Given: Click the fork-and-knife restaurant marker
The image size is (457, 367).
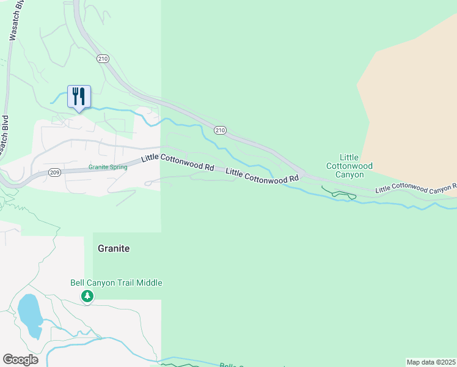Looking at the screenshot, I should pos(79,97).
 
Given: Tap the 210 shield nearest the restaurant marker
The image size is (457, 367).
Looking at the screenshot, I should pos(103,58).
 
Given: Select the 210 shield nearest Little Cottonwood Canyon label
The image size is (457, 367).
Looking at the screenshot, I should pos(221,130).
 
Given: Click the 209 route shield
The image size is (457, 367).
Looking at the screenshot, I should pos(54,172).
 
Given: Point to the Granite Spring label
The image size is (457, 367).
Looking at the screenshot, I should pos(108,167).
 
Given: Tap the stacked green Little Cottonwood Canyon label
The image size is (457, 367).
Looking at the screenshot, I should pos(349,166).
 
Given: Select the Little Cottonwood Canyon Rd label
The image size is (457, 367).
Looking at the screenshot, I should pos(415,188).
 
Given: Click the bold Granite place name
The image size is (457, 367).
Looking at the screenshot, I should pos(114,249).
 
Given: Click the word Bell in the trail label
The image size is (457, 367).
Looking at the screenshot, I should pos(77,283).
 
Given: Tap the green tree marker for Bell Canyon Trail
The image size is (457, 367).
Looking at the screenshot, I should pos(88,297).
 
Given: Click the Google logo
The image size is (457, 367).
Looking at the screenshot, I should pos(20,360).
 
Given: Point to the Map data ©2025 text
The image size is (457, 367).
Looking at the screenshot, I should pos(431,362).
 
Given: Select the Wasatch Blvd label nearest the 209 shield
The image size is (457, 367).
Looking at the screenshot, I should pos(5,136).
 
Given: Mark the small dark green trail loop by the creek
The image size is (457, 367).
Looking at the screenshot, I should pos(343,195).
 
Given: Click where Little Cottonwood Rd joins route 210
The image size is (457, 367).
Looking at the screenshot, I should pos(303,175).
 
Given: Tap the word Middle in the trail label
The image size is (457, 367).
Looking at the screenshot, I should pos(150,283).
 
